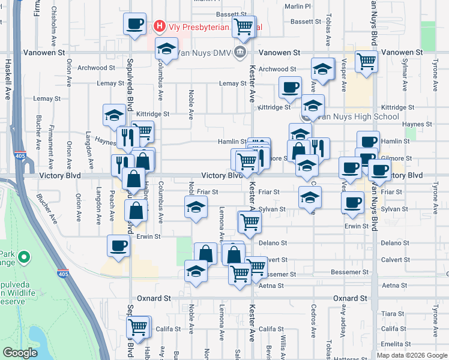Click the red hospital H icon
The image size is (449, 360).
[x=159, y=26]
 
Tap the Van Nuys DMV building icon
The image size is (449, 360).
[x=240, y=52]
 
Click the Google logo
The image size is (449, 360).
[x=20, y=352]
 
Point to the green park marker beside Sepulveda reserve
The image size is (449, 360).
[x=24, y=259]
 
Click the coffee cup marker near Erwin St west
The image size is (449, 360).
[x=118, y=245]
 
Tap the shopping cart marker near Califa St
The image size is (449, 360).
[x=138, y=328]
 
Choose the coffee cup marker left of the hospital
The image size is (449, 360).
[x=134, y=24]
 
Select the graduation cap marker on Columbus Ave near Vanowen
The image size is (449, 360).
[x=167, y=49]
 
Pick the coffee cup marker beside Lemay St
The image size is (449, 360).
[x=290, y=88]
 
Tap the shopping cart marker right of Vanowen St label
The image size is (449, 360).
[x=366, y=61]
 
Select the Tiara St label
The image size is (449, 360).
[x=393, y=314]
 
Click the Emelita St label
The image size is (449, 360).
[x=394, y=344]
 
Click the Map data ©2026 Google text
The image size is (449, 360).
[x=411, y=355]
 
